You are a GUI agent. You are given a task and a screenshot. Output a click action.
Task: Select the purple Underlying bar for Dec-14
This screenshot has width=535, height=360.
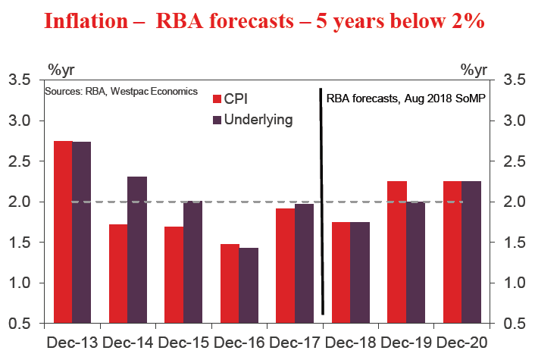pos(137,250)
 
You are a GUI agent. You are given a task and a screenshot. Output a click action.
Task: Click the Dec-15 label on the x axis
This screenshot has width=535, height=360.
pos(183,342)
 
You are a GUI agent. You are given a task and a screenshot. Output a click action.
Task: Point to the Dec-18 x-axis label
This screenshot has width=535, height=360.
pos(351,342)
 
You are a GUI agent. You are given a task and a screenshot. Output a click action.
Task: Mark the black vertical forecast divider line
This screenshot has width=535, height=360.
pos(322,205)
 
